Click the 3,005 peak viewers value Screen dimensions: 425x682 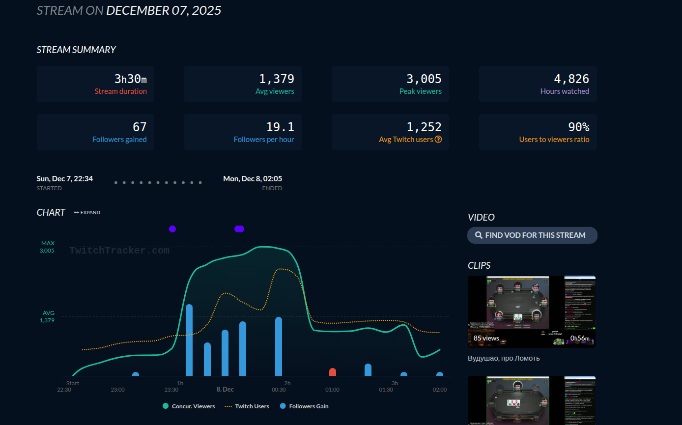click(424, 79)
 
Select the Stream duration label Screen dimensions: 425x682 click(120, 91)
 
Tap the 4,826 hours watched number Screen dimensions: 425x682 click(571, 79)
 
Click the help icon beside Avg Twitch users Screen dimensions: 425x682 click(438, 140)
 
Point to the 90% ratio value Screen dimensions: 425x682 click(578, 127)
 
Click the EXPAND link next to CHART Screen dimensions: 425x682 click(87, 213)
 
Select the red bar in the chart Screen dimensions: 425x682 click(333, 372)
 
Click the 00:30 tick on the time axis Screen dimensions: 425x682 click(279, 390)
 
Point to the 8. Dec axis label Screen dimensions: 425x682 click(225, 390)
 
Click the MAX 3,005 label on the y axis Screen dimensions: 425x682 click(48, 247)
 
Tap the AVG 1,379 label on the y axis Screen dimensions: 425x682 click(48, 316)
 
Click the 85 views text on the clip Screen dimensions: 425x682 click(486, 338)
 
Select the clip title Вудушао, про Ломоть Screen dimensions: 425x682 click(504, 358)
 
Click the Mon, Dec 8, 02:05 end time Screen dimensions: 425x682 click(253, 179)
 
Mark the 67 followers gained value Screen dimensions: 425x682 click(140, 127)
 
